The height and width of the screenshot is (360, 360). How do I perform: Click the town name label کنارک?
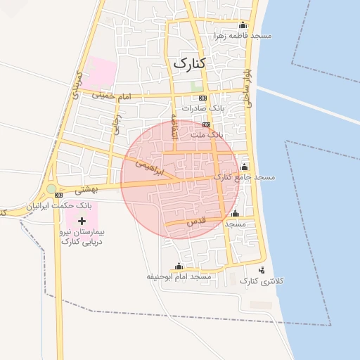pos(191,63)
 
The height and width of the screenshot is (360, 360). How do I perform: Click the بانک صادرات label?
pos(202,108)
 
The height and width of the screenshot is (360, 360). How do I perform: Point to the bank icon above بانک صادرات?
pos(203,98)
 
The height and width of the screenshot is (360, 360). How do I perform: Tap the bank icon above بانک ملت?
pos(206,124)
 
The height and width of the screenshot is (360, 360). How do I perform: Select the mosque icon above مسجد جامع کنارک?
pos(244,167)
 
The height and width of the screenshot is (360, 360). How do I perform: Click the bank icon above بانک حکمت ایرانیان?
pos(58,195)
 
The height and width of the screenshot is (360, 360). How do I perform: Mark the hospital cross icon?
pos(82,221)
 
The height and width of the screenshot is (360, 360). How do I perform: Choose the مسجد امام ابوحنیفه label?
pos(179,277)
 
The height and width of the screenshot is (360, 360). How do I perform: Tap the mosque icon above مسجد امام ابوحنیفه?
pos(179,266)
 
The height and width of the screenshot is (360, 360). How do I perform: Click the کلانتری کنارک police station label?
pos(262,281)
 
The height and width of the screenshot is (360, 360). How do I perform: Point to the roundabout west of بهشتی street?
pos(51,188)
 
